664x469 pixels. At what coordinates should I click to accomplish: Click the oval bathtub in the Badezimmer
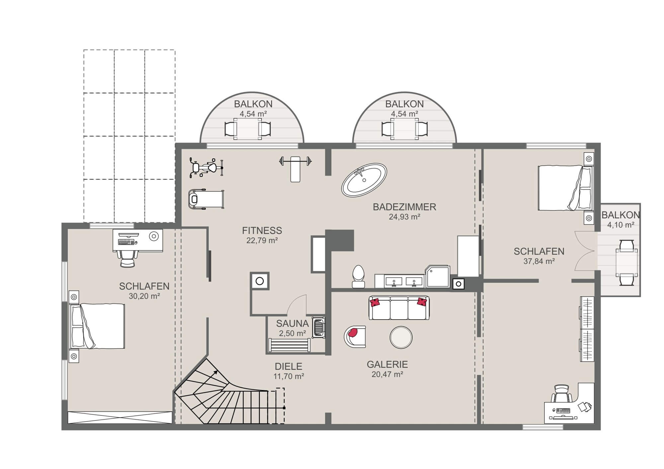[x=364, y=180]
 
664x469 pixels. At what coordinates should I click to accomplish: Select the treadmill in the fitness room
[x=206, y=199]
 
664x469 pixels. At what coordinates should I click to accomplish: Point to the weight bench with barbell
[x=295, y=168]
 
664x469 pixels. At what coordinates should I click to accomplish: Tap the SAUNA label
[x=292, y=323]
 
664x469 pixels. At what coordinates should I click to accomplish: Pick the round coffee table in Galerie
[x=401, y=337]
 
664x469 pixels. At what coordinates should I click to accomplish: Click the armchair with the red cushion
[x=355, y=337]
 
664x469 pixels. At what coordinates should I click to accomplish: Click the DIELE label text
[x=289, y=366]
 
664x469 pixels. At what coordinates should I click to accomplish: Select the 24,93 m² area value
[x=404, y=217]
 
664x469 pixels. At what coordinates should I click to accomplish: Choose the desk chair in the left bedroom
[x=127, y=258]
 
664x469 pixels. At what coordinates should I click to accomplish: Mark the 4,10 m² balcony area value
[x=621, y=225]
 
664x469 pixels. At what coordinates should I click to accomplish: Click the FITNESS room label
[x=262, y=230]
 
